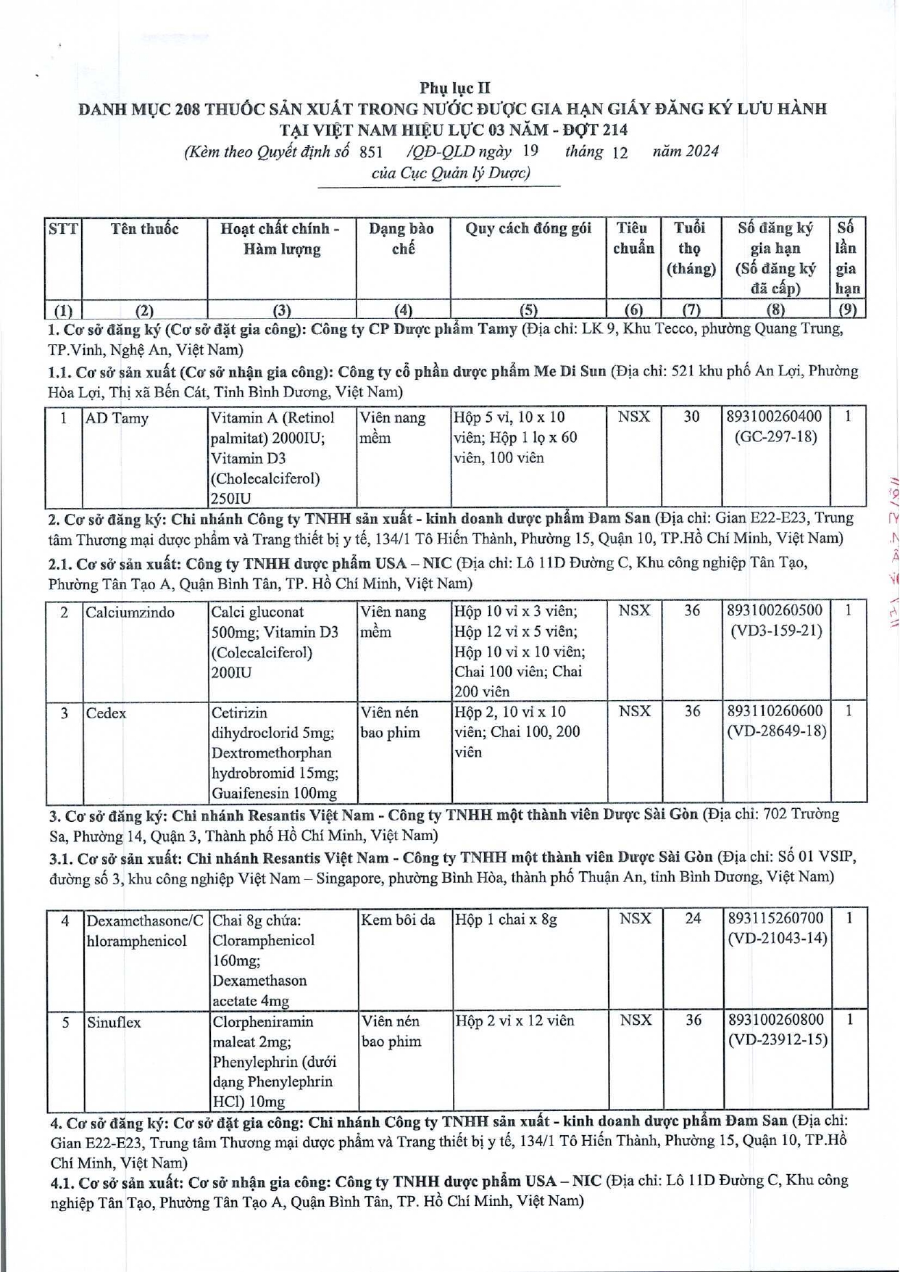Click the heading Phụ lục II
tap(454, 88)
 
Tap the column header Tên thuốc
tap(144, 229)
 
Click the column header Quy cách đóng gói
tap(528, 229)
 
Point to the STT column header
tap(63, 229)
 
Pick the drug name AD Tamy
tap(117, 418)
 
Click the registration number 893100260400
tap(775, 417)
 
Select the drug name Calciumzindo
tap(130, 612)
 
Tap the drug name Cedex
tap(106, 713)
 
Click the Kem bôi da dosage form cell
tap(398, 920)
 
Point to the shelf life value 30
tap(692, 417)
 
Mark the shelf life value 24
tap(693, 919)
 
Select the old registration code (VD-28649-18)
tap(776, 731)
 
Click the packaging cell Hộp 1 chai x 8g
tap(506, 920)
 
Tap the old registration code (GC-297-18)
tap(775, 437)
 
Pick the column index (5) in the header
tap(528, 310)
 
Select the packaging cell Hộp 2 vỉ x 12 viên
tap(514, 1021)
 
